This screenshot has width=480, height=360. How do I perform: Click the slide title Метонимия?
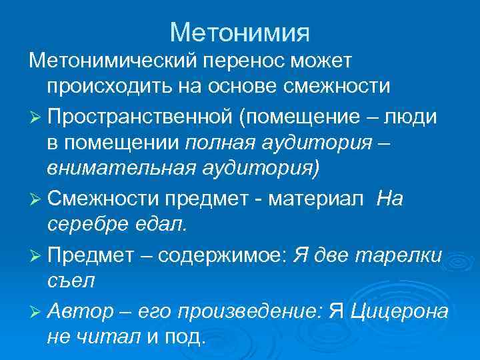click(x=240, y=31)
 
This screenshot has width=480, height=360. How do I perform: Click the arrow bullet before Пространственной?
click(x=35, y=116)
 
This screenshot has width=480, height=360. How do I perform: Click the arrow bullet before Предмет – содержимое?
click(x=35, y=254)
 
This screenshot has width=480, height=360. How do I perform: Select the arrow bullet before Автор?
click(x=35, y=310)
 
